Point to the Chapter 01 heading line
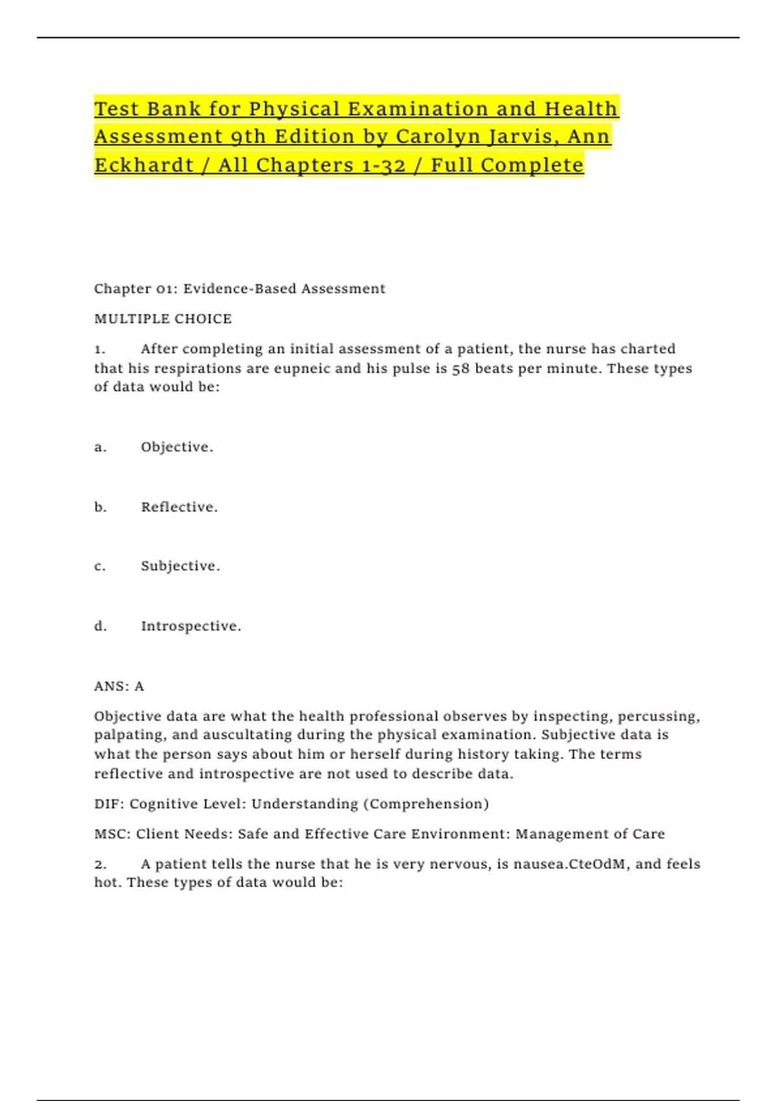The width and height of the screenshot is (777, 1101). coord(240,289)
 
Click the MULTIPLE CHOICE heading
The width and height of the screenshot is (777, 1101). coord(163,319)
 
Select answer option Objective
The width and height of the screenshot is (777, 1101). coord(177,447)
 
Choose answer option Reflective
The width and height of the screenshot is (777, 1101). coord(179,507)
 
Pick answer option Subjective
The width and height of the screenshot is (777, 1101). coord(181,566)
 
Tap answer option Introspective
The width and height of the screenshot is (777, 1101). coord(191,626)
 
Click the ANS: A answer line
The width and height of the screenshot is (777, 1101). coord(119,687)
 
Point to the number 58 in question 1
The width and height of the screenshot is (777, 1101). coord(461,369)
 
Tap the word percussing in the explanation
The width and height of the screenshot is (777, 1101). coord(659,716)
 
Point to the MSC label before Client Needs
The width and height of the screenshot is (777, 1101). coord(111,834)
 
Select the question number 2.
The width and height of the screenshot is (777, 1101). coord(100,864)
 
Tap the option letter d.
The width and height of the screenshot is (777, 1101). coord(100,626)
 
